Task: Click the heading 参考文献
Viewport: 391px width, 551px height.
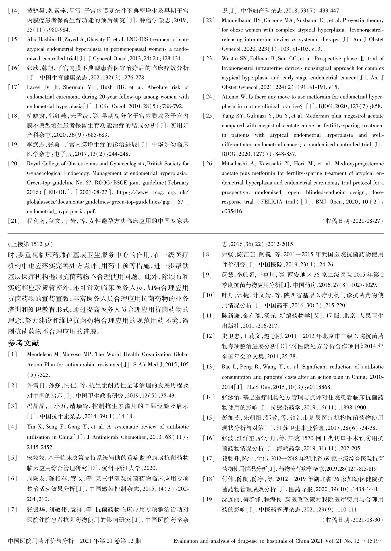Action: [x=24, y=343]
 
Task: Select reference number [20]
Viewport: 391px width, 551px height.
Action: [x=14, y=164]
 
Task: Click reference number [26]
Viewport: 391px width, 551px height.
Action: [x=209, y=164]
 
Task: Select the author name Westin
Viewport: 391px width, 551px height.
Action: [x=230, y=59]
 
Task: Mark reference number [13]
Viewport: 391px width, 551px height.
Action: [x=209, y=367]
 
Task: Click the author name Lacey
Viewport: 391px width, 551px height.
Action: [x=34, y=87]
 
